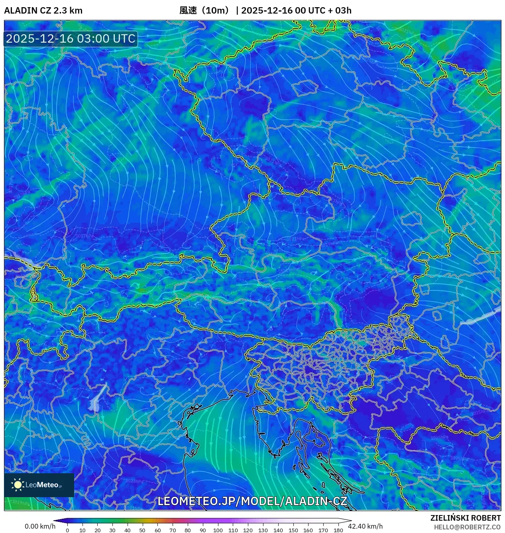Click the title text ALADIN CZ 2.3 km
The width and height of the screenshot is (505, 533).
pyautogui.click(x=43, y=10)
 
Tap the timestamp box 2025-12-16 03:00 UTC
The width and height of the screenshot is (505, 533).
pyautogui.click(x=71, y=39)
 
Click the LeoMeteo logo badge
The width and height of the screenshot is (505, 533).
pyautogui.click(x=39, y=485)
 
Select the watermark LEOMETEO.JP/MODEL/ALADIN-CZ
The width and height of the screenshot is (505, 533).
pyautogui.click(x=252, y=501)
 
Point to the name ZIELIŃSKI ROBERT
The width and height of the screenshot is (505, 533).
pyautogui.click(x=465, y=518)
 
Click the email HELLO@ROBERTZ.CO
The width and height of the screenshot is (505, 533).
pyautogui.click(x=467, y=527)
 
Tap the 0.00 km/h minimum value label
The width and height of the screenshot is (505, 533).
pyautogui.click(x=40, y=526)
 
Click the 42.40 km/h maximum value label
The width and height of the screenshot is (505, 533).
pyautogui.click(x=365, y=526)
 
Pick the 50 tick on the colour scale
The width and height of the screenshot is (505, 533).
pyautogui.click(x=142, y=530)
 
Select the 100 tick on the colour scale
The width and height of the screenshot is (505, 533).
pyautogui.click(x=218, y=530)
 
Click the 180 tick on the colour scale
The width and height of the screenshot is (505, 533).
pyautogui.click(x=338, y=530)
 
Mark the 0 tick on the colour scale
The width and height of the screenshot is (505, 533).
pyautogui.click(x=67, y=530)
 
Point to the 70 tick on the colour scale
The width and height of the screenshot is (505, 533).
pyautogui.click(x=173, y=530)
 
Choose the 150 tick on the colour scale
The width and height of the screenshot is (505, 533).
pyautogui.click(x=293, y=530)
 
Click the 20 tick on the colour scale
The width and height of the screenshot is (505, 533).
pyautogui.click(x=97, y=530)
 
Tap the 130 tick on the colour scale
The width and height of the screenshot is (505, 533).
pyautogui.click(x=263, y=530)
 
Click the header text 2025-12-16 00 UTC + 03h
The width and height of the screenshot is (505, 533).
pyautogui.click(x=296, y=10)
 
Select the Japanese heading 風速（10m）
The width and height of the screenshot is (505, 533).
pyautogui.click(x=205, y=10)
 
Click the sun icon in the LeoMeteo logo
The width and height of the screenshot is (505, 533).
pyautogui.click(x=18, y=484)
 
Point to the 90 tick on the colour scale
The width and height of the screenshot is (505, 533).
pyautogui.click(x=202, y=530)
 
